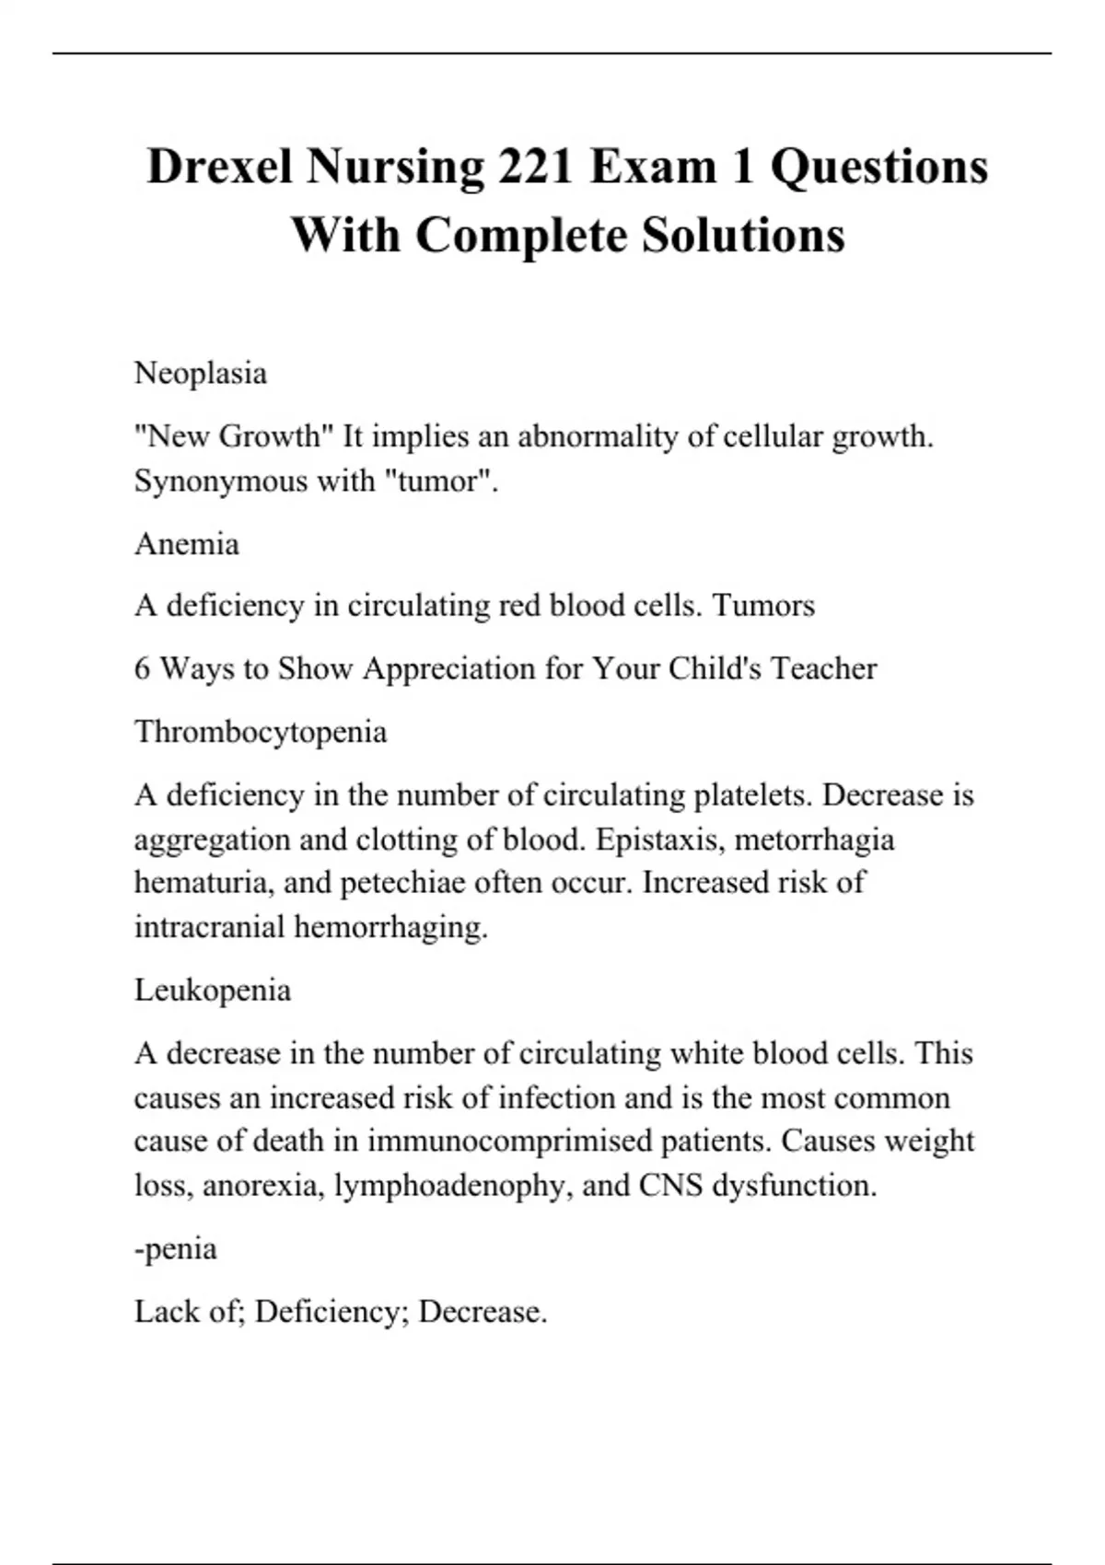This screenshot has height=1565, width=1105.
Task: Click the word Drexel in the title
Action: coord(219,168)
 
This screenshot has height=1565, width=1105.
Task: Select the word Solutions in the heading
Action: coord(743,235)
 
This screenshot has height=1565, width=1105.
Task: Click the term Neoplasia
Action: coord(201,374)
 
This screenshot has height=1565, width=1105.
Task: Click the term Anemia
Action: coord(187,544)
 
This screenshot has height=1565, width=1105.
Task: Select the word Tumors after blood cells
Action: coord(764,606)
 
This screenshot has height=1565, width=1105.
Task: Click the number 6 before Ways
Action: coord(142,668)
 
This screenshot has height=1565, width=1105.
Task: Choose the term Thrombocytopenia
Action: coord(261,732)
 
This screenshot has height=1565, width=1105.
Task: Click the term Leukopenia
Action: coord(213,991)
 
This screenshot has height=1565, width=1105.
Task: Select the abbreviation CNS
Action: coord(671,1186)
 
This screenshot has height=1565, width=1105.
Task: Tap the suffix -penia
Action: coord(176,1249)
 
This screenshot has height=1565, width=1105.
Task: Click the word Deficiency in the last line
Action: coord(331,1312)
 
